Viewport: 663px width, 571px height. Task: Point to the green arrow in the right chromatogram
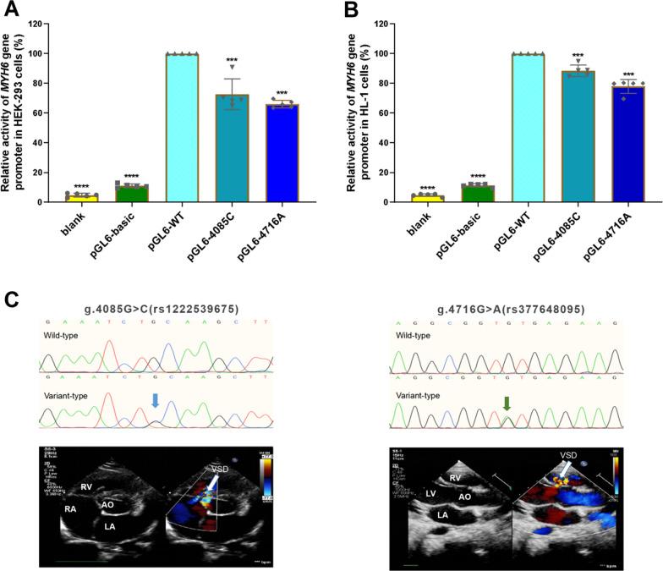(507, 405)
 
